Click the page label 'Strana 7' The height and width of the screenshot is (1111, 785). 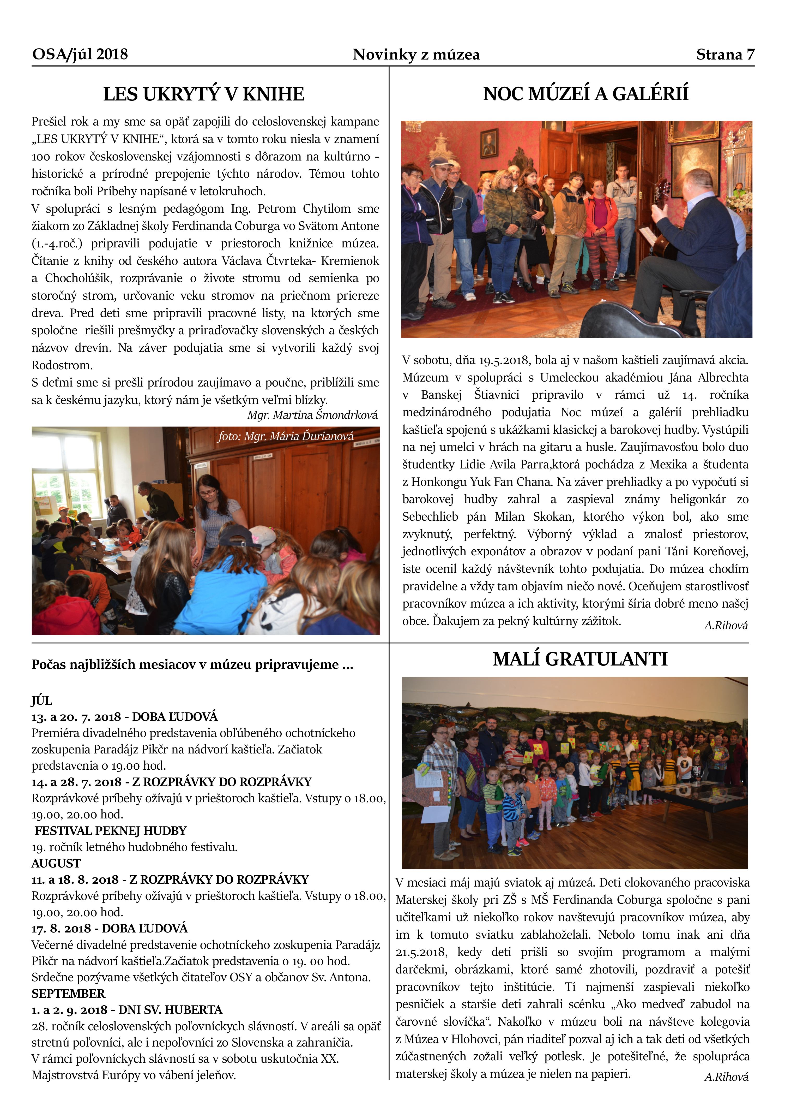click(x=724, y=55)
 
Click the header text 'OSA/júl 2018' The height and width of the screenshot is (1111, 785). click(x=80, y=54)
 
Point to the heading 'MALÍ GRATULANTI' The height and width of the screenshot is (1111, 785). click(x=580, y=659)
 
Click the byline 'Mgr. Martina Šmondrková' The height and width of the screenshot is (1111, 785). click(x=312, y=415)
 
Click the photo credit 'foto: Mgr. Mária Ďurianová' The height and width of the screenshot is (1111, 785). click(x=285, y=436)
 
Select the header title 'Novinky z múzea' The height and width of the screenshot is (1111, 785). click(x=416, y=55)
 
